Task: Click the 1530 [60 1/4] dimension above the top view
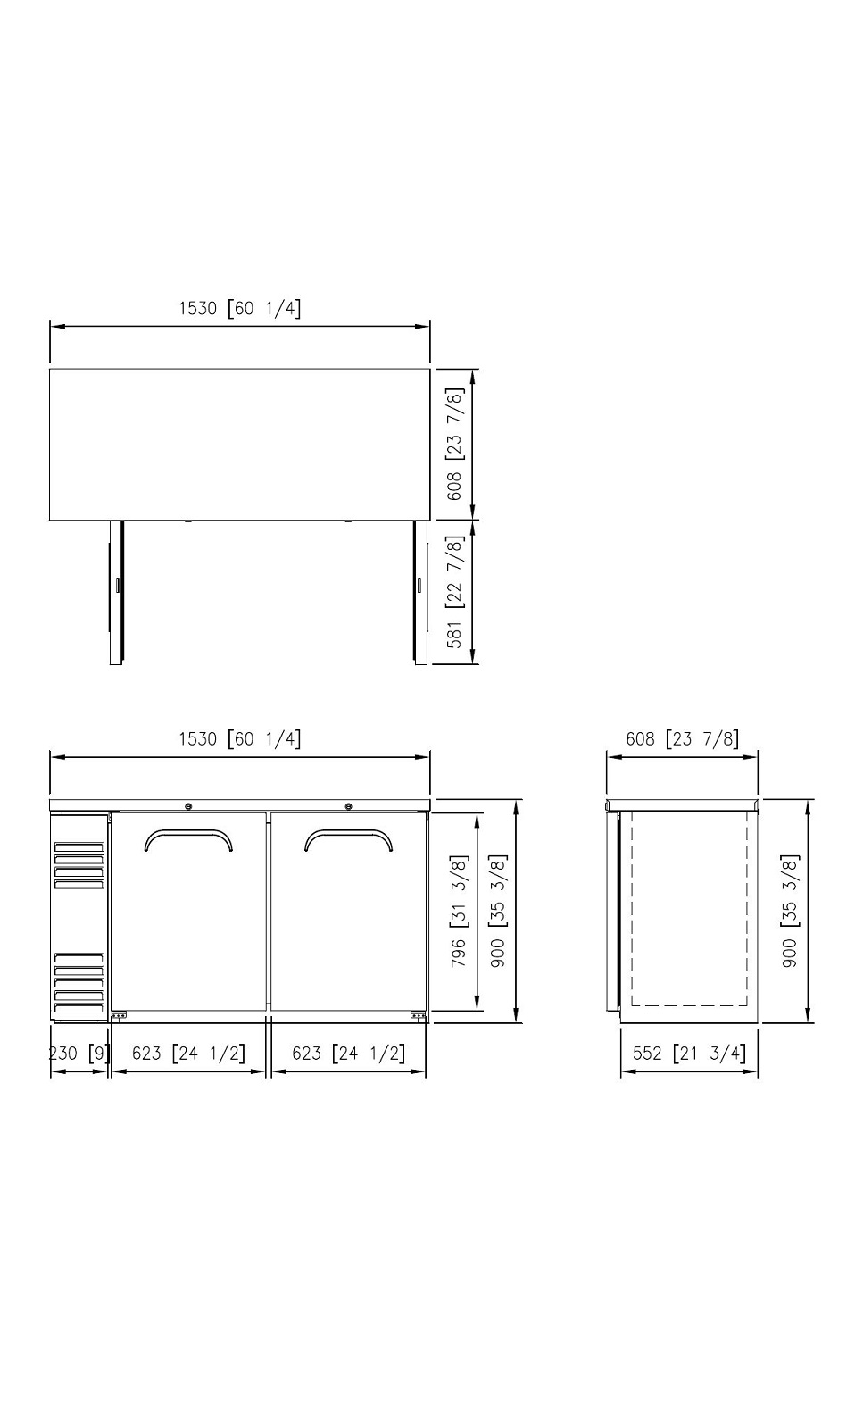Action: (240, 309)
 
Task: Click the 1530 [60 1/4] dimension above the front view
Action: (240, 738)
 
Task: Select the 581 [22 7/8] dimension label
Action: (454, 591)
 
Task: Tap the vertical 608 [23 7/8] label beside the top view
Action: (454, 444)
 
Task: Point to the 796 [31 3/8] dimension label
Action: (460, 911)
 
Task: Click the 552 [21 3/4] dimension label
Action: (689, 1053)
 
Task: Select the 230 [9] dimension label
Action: (79, 1053)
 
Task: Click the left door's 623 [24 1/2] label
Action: (188, 1053)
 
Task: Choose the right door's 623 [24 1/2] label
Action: (349, 1053)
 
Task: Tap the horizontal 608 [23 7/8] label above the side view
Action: (682, 738)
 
